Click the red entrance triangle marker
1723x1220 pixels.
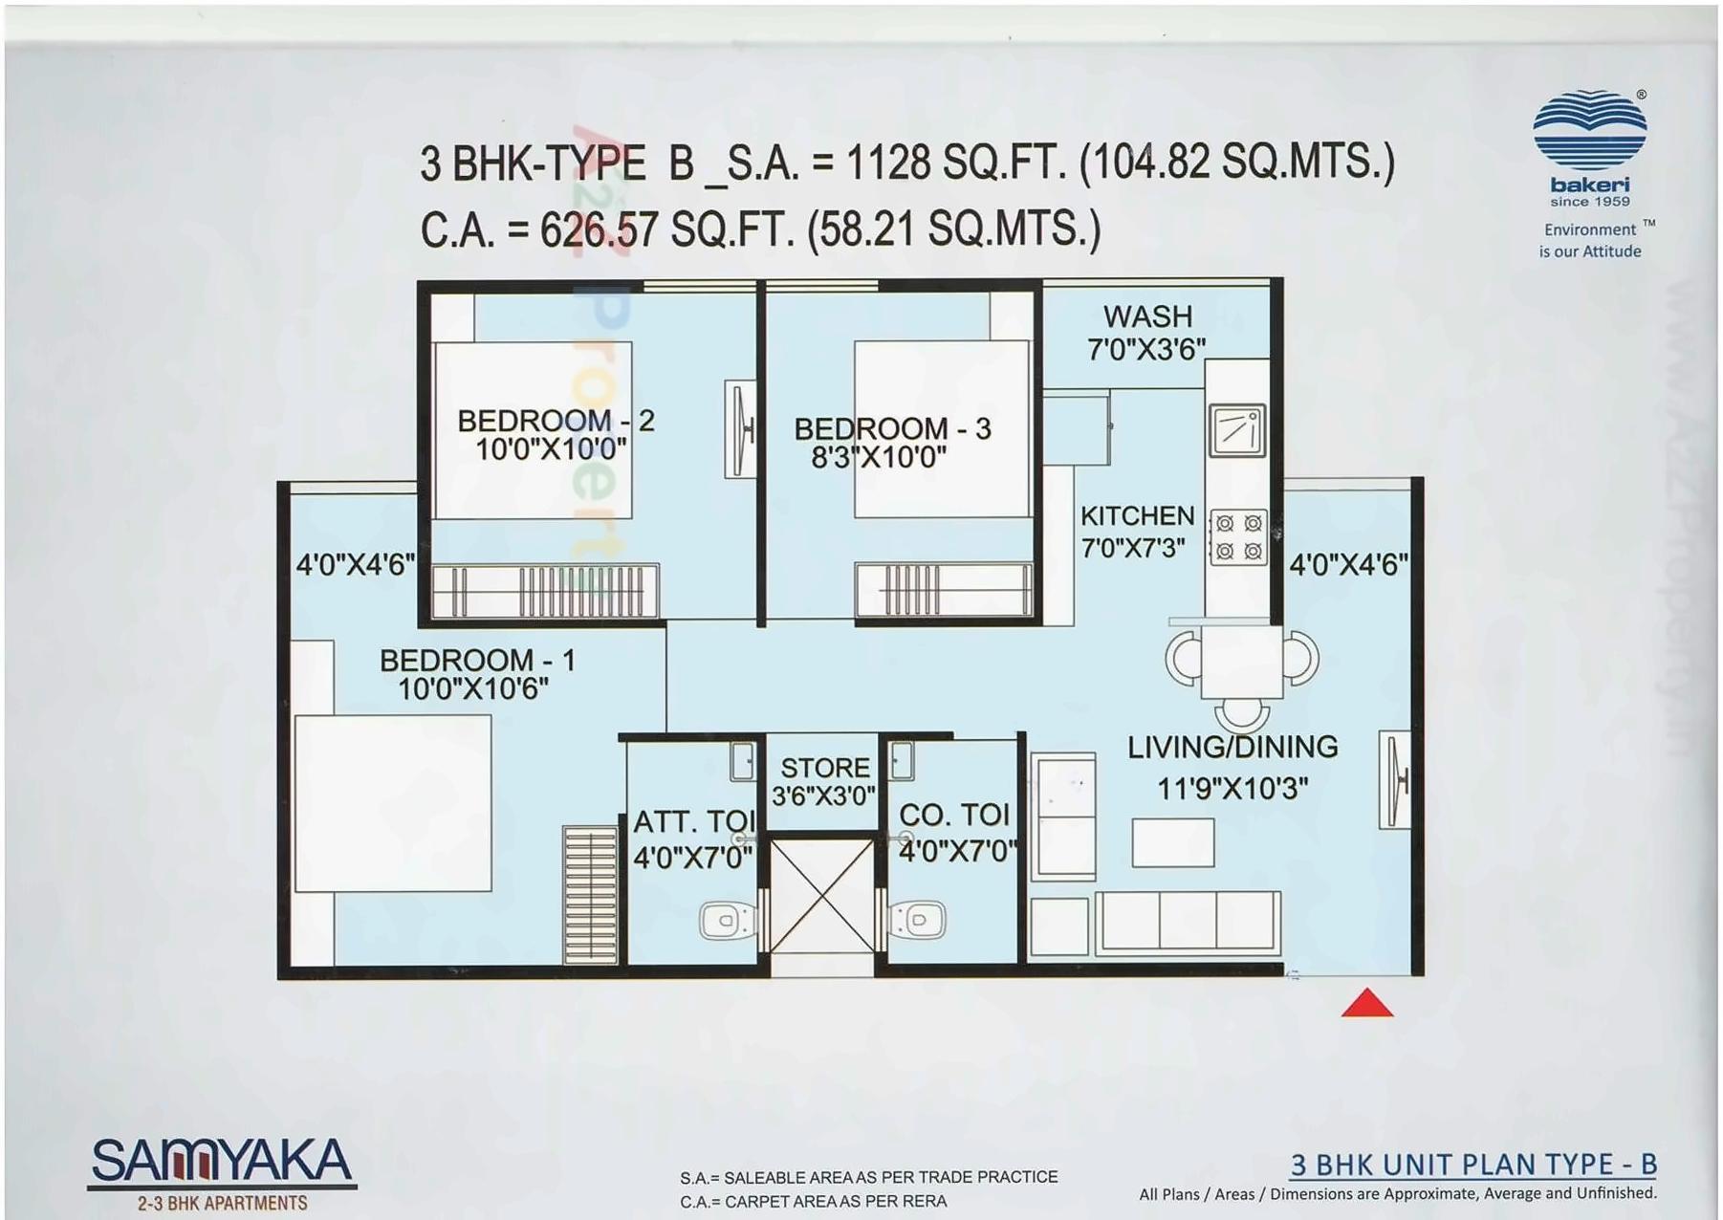click(x=1366, y=1004)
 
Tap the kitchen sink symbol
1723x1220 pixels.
click(x=1237, y=430)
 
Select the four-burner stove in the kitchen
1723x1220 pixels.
click(x=1238, y=537)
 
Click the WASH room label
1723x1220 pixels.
click(x=1147, y=316)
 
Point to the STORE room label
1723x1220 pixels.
click(x=825, y=768)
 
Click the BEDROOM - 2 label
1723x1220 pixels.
click(x=556, y=421)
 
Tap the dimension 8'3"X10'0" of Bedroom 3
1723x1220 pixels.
click(x=879, y=458)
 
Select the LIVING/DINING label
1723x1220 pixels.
click(x=1232, y=747)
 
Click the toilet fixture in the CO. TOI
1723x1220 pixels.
click(x=919, y=921)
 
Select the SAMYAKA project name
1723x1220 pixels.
click(x=222, y=1161)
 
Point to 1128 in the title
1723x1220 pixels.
click(x=888, y=163)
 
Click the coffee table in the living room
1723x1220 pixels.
click(x=1172, y=842)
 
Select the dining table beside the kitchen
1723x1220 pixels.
click(x=1241, y=662)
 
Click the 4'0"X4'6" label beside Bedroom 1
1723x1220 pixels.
click(x=355, y=565)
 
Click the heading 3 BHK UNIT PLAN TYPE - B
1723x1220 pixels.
click(x=1472, y=1164)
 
